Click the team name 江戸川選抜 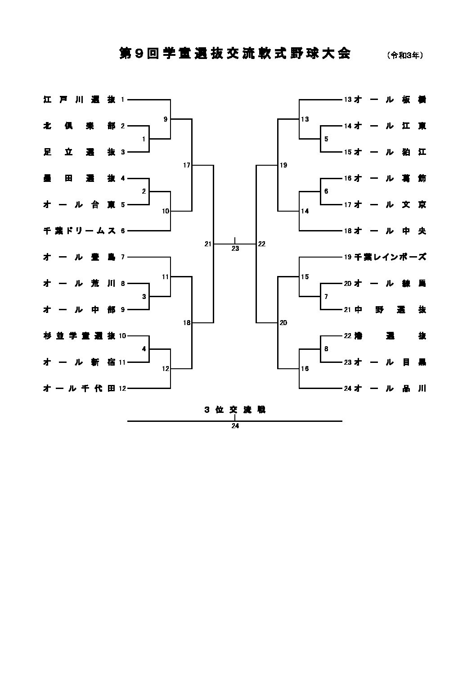[x=79, y=100]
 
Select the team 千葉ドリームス [x=79, y=231]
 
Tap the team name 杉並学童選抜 [x=79, y=336]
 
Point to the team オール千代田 [x=79, y=388]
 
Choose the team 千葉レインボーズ [x=390, y=257]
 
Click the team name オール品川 [x=390, y=388]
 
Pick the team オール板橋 [x=390, y=100]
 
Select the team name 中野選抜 [x=390, y=310]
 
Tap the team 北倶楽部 [x=79, y=126]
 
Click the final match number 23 [x=235, y=249]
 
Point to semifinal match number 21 [x=207, y=244]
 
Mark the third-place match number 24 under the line [x=235, y=426]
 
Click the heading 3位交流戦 [x=235, y=410]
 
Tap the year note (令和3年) [x=405, y=55]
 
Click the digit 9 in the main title [x=139, y=54]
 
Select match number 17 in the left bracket [x=187, y=165]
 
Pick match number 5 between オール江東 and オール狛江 [x=326, y=139]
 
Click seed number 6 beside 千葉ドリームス [x=123, y=231]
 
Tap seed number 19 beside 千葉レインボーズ [x=347, y=257]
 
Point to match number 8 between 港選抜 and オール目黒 [x=326, y=349]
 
